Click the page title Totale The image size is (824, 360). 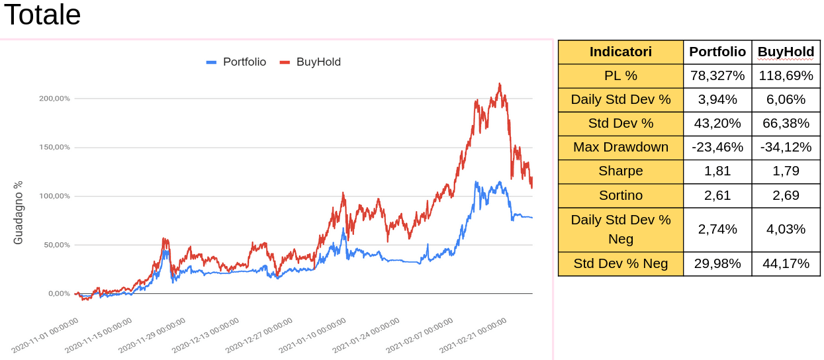coord(42,15)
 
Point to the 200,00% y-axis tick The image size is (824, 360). coord(55,99)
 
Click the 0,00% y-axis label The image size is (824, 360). coord(59,294)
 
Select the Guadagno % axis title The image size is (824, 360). coord(19,212)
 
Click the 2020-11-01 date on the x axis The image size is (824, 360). coord(46,335)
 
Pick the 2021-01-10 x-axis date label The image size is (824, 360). coord(312,335)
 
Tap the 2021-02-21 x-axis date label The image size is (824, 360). coord(473,335)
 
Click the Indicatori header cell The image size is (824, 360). coord(620,52)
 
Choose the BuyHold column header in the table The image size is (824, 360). coord(786,52)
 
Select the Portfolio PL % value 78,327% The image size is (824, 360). coord(717,75)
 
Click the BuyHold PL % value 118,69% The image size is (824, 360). coord(786,75)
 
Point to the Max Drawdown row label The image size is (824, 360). coord(620,147)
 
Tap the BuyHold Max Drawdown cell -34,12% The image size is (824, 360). coord(786,147)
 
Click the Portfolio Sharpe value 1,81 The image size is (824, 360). coord(717,171)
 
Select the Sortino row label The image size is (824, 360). coord(620,195)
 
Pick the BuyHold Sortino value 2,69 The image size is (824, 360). coord(786,195)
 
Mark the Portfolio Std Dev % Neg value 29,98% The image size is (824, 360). coord(717,263)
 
